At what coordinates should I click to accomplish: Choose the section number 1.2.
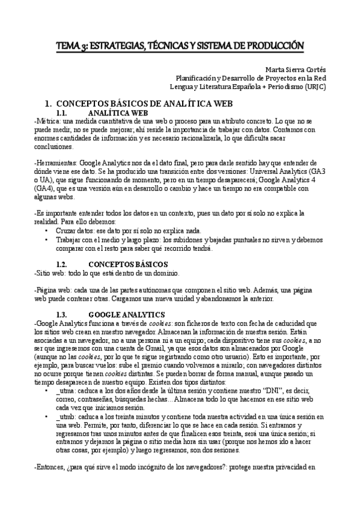[x=64, y=264]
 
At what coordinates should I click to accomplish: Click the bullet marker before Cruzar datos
[x=47, y=231]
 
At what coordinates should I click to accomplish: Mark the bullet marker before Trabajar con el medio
[x=47, y=239]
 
